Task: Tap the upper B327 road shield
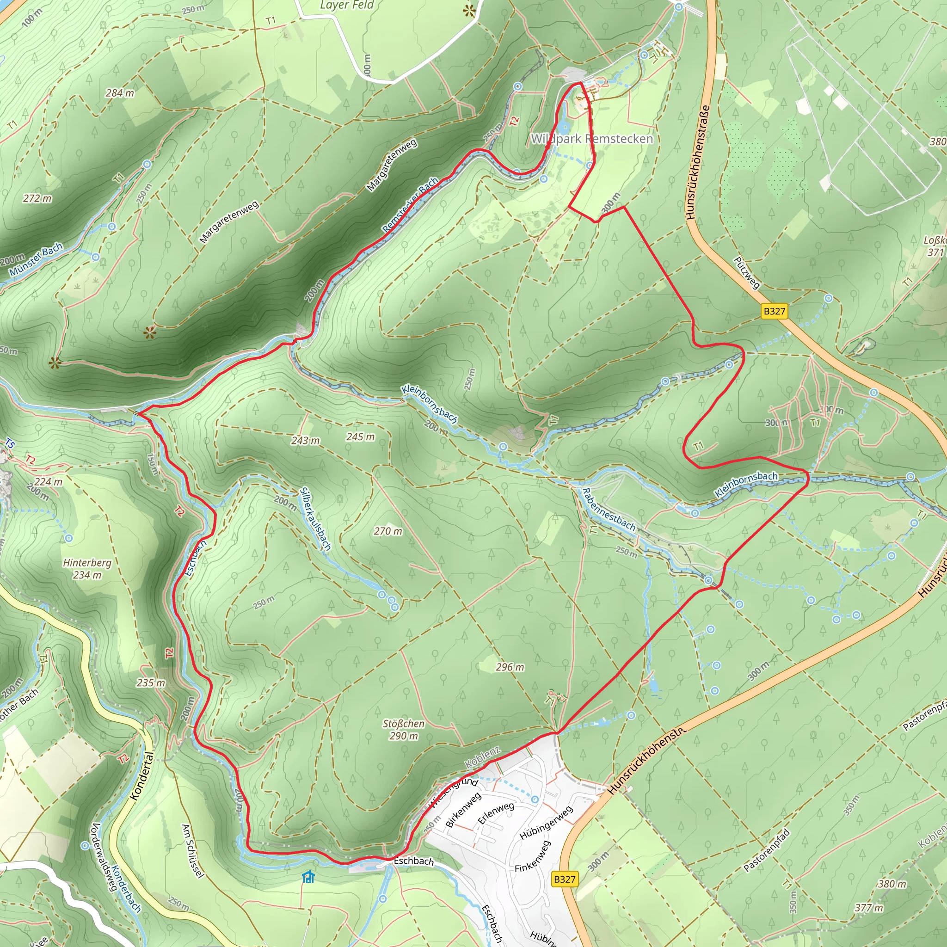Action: (774, 311)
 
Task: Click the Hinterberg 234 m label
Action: (87, 569)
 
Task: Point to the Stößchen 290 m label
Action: (403, 729)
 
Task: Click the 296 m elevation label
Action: (509, 667)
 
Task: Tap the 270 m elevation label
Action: (387, 531)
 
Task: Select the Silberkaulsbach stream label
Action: (315, 519)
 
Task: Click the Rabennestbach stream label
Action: (608, 510)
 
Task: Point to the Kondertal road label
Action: (142, 776)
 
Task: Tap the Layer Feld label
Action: (346, 6)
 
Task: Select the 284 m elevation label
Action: (120, 92)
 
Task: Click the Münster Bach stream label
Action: (35, 259)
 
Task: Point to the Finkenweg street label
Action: (532, 856)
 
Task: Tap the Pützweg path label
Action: (746, 273)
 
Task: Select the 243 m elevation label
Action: (305, 440)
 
